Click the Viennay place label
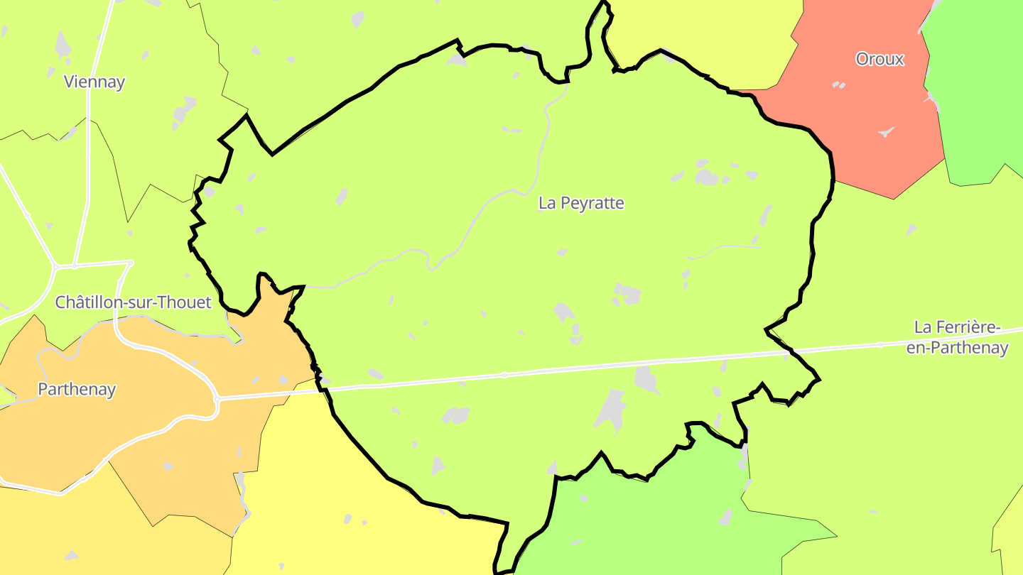coord(94,82)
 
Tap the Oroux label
coord(879,59)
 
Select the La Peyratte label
coord(581,203)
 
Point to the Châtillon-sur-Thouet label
coord(134,302)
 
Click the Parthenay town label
coord(77,389)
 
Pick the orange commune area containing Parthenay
coord(142,440)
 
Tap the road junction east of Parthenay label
coord(217,400)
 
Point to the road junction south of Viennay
coord(73,266)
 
